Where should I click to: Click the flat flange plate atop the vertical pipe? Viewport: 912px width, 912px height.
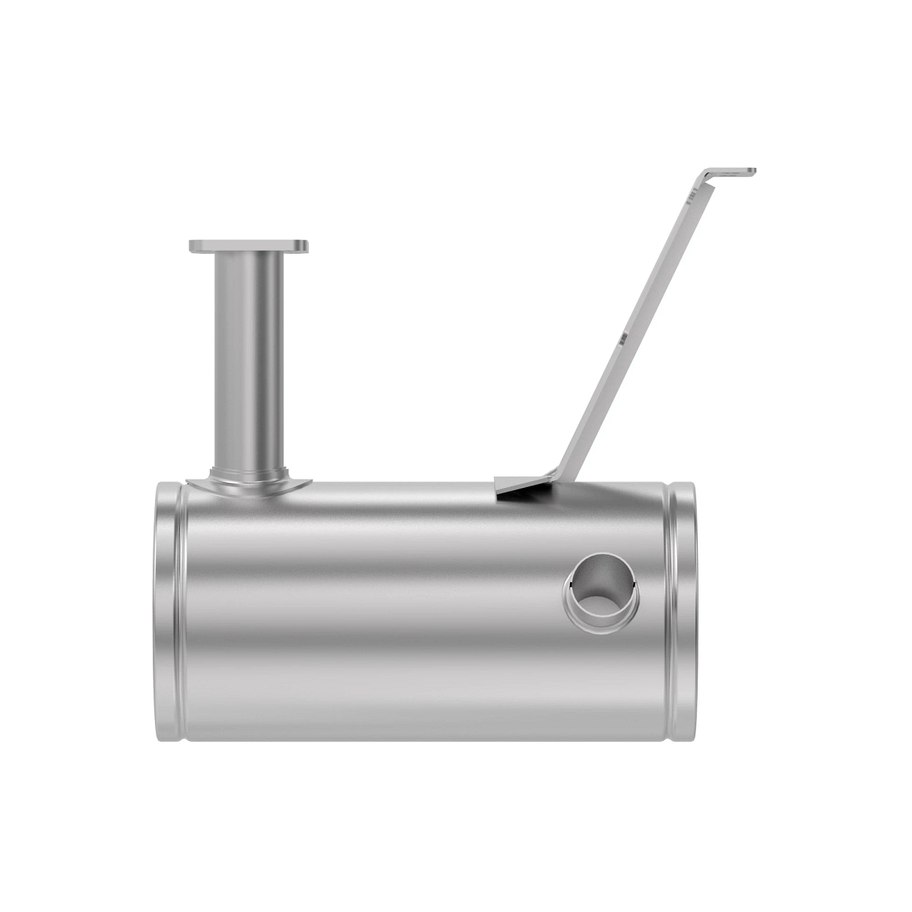(x=249, y=246)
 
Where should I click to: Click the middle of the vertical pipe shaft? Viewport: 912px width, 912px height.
(x=249, y=357)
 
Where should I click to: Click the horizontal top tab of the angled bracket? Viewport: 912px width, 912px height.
(x=730, y=172)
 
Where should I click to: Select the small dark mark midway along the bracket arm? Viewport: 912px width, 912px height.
(x=623, y=339)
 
